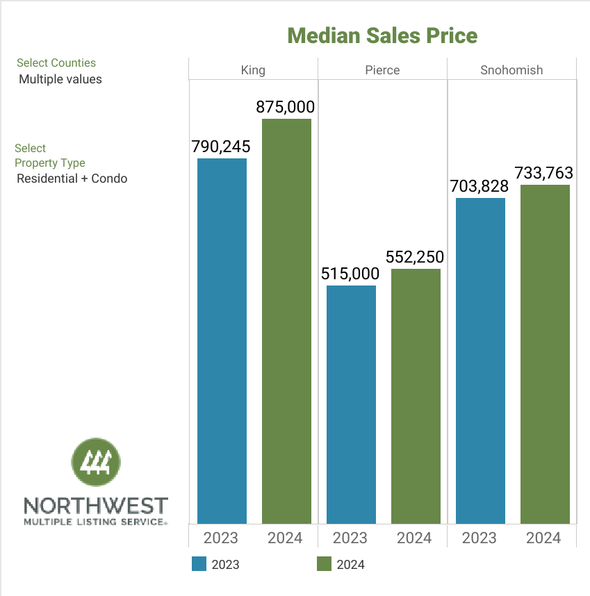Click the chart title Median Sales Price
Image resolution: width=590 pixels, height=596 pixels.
(x=382, y=35)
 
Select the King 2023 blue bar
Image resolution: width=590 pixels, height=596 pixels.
(x=222, y=340)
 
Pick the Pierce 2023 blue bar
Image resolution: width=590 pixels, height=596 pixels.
(x=351, y=404)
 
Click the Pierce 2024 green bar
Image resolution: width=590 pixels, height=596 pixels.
(x=416, y=396)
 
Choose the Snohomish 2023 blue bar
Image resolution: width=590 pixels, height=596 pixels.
(x=480, y=361)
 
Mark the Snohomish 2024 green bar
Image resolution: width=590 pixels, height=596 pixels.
(x=545, y=354)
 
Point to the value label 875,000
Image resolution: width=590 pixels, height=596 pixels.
(x=286, y=107)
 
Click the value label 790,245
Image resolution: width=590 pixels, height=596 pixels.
(x=220, y=147)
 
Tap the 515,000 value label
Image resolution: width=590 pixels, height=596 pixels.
(x=350, y=274)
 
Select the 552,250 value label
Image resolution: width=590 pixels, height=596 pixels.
(x=415, y=257)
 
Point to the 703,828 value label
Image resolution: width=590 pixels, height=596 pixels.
(x=480, y=186)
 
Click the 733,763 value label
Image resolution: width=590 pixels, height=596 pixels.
(x=544, y=172)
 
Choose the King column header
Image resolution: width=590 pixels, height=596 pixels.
(x=253, y=70)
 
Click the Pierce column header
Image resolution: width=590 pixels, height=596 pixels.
(x=382, y=70)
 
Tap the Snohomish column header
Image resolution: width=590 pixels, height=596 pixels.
(x=511, y=70)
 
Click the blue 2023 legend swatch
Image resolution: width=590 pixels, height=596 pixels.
(x=199, y=564)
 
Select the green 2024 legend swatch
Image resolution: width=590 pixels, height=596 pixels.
(x=324, y=564)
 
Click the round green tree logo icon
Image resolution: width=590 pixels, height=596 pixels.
(x=96, y=463)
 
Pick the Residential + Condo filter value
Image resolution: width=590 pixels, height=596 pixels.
(x=72, y=179)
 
